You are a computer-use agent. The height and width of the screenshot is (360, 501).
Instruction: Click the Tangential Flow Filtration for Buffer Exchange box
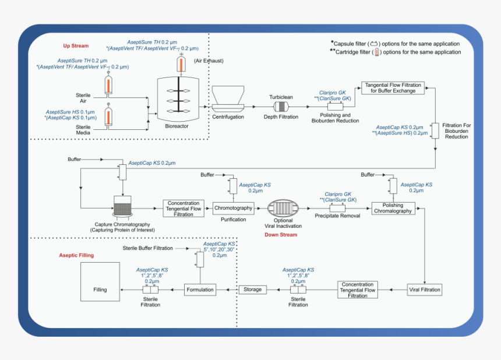click(393, 87)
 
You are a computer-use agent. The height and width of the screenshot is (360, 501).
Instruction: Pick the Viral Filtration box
click(425, 289)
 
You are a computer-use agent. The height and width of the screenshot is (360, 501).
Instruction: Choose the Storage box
click(252, 289)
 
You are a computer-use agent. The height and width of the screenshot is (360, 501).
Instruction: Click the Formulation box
click(200, 289)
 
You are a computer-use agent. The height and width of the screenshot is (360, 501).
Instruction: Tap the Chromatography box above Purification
click(233, 208)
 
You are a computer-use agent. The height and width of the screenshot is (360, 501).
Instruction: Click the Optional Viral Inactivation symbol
click(283, 208)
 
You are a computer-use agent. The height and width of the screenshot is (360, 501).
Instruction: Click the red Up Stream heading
click(76, 46)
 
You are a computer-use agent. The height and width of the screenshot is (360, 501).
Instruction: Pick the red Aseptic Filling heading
click(76, 255)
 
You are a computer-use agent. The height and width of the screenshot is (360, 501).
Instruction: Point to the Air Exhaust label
click(209, 61)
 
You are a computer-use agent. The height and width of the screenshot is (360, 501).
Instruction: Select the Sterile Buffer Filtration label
click(147, 248)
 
